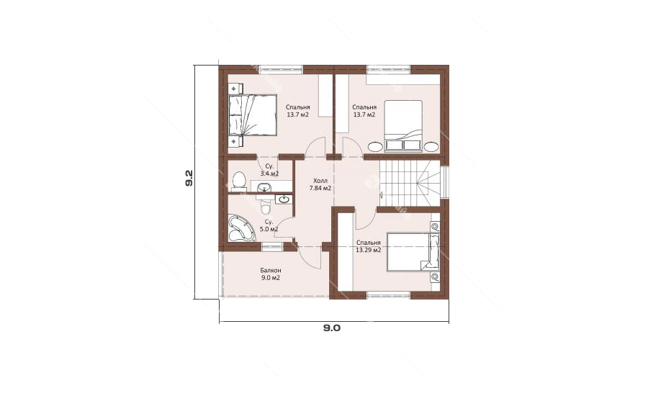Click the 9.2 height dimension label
pyautogui.click(x=189, y=178)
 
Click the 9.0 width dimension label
pyautogui.click(x=331, y=328)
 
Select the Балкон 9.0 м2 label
pyautogui.click(x=271, y=274)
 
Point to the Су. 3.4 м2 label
pyautogui.click(x=269, y=171)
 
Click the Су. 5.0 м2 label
pyautogui.click(x=269, y=225)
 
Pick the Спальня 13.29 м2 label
pyautogui.click(x=368, y=246)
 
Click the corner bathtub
pyautogui.click(x=242, y=228)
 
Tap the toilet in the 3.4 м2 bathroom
pyautogui.click(x=238, y=181)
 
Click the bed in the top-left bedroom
pyautogui.click(x=252, y=115)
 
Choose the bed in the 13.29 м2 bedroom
pyautogui.click(x=408, y=251)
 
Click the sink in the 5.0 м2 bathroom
pyautogui.click(x=284, y=199)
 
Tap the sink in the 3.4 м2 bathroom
pyautogui.click(x=264, y=188)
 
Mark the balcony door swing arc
pyautogui.click(x=311, y=260)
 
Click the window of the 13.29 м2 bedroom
pyautogui.click(x=389, y=294)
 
